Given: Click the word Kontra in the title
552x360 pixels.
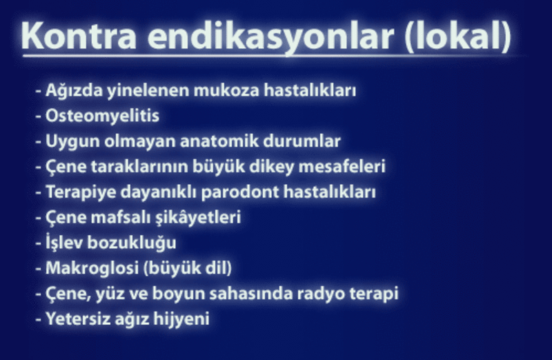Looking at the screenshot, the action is [79, 36].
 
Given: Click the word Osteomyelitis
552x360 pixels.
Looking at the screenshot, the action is [102, 116].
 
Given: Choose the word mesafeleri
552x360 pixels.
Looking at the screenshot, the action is [342, 166].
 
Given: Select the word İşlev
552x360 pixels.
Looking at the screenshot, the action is [63, 243].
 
